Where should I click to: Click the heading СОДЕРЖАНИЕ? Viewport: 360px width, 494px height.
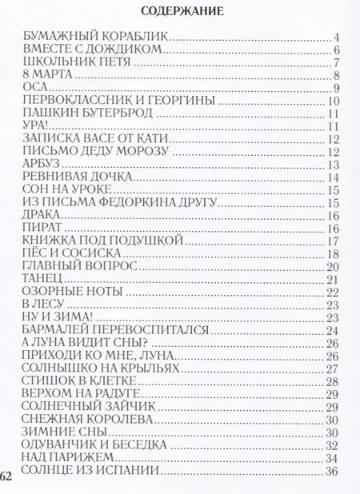pos(181,11)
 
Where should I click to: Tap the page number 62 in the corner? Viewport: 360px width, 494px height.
pos(7,477)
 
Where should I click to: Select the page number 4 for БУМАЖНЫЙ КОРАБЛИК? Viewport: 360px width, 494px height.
pos(338,37)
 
